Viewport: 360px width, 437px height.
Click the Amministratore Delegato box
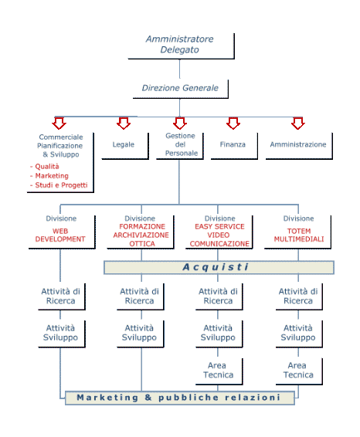pos(181,46)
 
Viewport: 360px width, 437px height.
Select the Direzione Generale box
pos(181,89)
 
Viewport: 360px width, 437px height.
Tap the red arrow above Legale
pos(124,124)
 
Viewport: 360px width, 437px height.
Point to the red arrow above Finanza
pos(233,124)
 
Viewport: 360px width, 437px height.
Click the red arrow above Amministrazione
pos(298,124)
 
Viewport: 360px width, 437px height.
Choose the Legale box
pos(125,146)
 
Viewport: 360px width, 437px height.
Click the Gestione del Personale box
pos(180,146)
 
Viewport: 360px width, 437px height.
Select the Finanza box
pos(234,146)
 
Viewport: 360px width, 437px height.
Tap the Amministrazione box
pos(299,146)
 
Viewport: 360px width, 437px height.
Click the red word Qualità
pos(47,167)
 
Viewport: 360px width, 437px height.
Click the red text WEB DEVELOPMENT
pos(60,235)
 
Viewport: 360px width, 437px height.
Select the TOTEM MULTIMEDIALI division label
pos(299,235)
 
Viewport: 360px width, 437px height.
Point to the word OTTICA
pos(142,244)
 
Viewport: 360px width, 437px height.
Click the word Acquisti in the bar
pos(216,267)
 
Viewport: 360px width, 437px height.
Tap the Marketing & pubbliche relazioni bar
pos(180,398)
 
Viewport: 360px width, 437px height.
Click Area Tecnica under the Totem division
pos(299,371)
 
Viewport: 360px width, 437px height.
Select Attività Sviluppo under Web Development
pos(62,334)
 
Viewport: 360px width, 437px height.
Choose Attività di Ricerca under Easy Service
pos(219,296)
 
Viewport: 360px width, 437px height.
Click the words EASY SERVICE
pos(219,226)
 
